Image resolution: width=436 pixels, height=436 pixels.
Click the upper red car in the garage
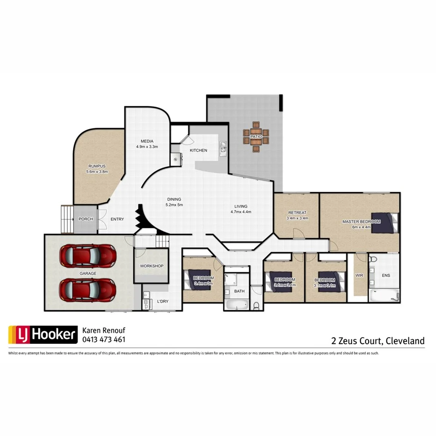87,255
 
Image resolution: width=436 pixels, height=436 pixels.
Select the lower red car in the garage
87,290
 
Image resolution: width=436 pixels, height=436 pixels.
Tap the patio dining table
255,136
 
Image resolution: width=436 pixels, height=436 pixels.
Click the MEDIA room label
147,141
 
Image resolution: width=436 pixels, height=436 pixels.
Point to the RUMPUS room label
97,166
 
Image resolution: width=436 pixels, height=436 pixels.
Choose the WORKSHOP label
152,266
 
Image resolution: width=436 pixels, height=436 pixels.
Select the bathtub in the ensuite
384,296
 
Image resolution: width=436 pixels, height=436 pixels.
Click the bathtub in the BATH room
237,305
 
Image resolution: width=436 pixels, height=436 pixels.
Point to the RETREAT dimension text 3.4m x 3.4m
297,218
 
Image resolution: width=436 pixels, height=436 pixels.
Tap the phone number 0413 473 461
103,339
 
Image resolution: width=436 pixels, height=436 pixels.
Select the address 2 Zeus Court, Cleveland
378,341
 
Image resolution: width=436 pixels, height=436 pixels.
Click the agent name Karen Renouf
104,330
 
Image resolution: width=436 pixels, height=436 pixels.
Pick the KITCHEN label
198,150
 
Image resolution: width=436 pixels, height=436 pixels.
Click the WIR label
359,276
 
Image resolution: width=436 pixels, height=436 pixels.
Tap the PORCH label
86,219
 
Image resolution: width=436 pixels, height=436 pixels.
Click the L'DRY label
162,301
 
